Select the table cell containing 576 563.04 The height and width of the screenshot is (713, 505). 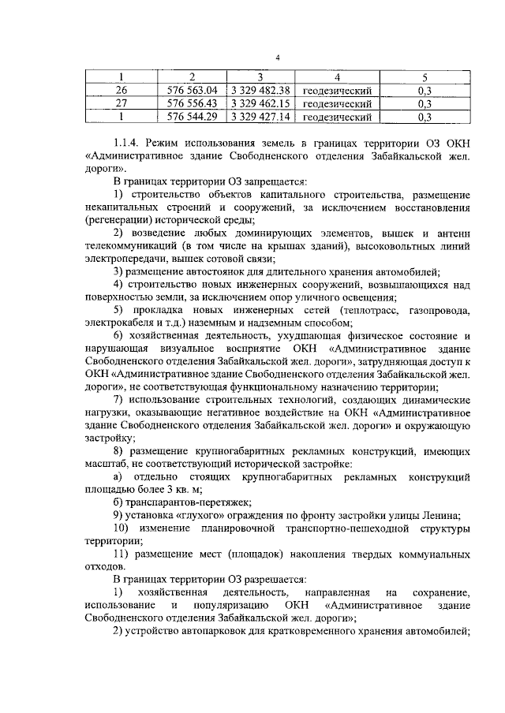click(192, 90)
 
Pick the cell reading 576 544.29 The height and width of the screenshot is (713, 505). click(192, 117)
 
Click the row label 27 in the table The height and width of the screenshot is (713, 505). click(122, 103)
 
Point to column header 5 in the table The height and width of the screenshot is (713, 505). click(424, 77)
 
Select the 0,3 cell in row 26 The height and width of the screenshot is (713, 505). click(424, 90)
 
